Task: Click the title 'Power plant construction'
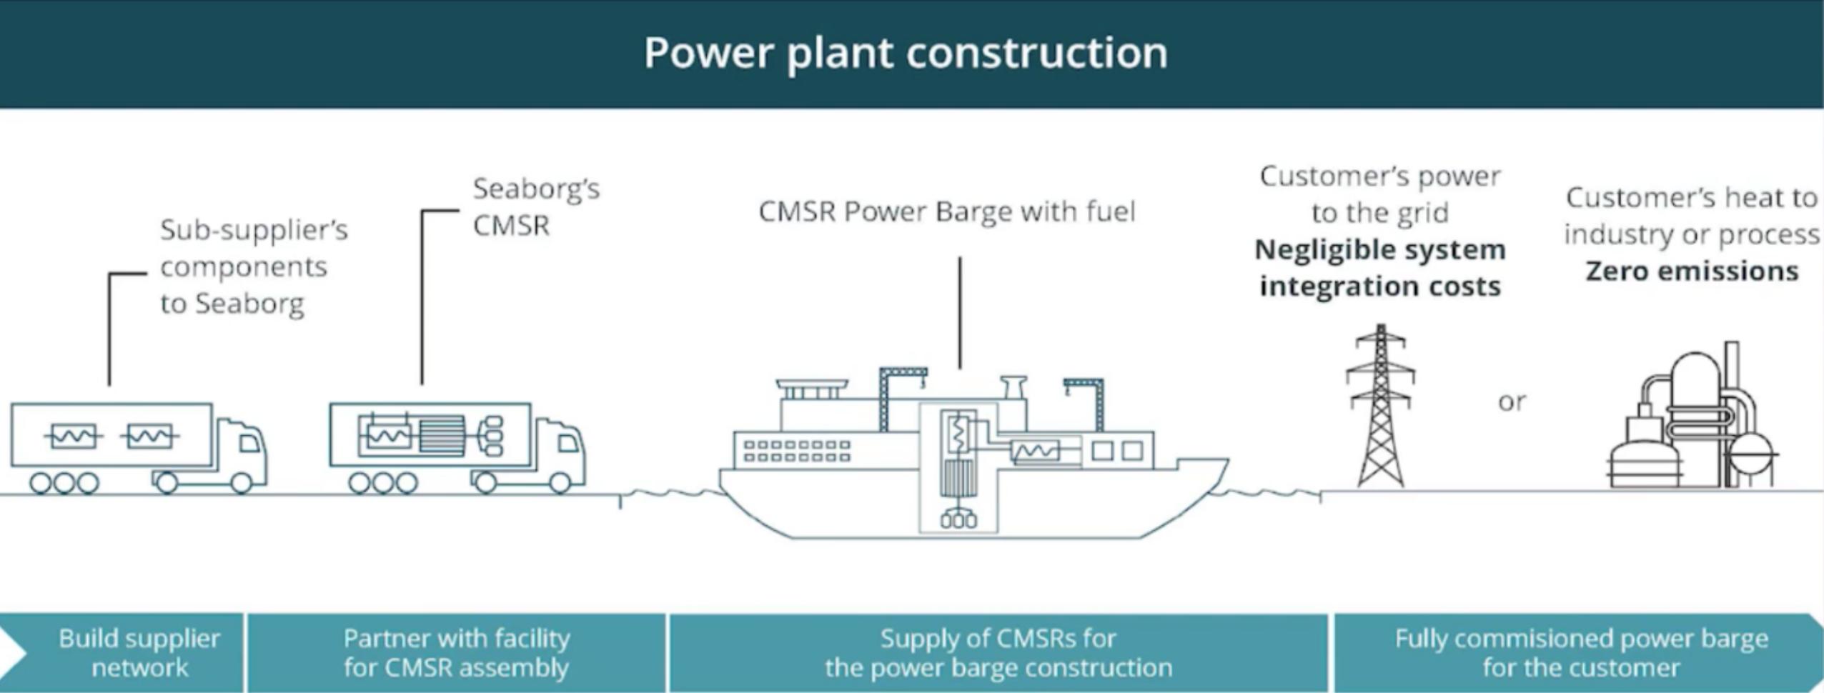pos(906,53)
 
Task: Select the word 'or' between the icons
pos(1512,402)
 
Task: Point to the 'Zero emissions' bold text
pos(1692,271)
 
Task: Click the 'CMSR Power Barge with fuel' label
pos(946,211)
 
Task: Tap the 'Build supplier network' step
pos(139,652)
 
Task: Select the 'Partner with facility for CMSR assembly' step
pos(456,652)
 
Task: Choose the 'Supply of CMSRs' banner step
pos(998,652)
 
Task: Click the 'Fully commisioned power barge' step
pos(1581,652)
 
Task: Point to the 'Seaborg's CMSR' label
pos(536,206)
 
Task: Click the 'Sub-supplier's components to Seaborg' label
pos(253,266)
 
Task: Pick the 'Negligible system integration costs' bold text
pos(1380,268)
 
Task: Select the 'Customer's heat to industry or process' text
pos(1692,216)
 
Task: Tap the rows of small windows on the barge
pos(797,451)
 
